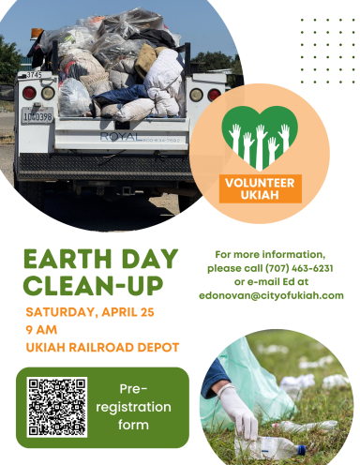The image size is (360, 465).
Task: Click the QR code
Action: click(x=57, y=408)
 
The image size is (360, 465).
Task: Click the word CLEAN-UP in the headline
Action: click(x=94, y=286)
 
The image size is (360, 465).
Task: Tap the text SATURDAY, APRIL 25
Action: click(x=90, y=311)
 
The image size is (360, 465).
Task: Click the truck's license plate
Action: click(x=37, y=117)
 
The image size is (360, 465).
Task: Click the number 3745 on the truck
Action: click(x=33, y=75)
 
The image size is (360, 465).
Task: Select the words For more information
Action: click(x=270, y=254)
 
